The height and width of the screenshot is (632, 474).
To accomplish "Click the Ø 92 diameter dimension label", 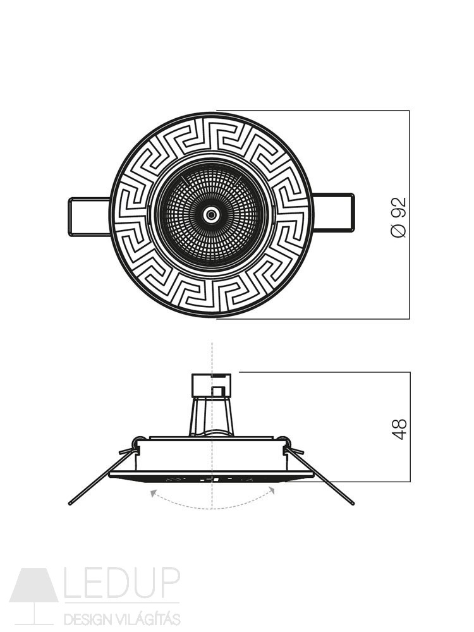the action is (399, 217).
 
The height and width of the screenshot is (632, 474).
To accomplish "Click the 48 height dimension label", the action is (399, 429).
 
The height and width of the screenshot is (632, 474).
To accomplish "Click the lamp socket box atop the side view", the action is (212, 384).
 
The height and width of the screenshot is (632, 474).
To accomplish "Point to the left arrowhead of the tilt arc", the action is (153, 492).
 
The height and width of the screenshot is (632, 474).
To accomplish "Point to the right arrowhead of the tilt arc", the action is (272, 490).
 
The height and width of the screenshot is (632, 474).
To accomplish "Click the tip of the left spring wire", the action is (70, 504).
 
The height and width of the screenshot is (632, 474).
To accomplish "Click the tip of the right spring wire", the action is (353, 503).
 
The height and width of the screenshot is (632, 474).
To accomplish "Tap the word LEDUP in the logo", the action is (122, 585).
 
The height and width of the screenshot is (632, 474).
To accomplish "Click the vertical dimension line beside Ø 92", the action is (409, 214).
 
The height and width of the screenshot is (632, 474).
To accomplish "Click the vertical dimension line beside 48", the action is (410, 427).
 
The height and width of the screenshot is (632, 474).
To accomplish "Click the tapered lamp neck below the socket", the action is (212, 416).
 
